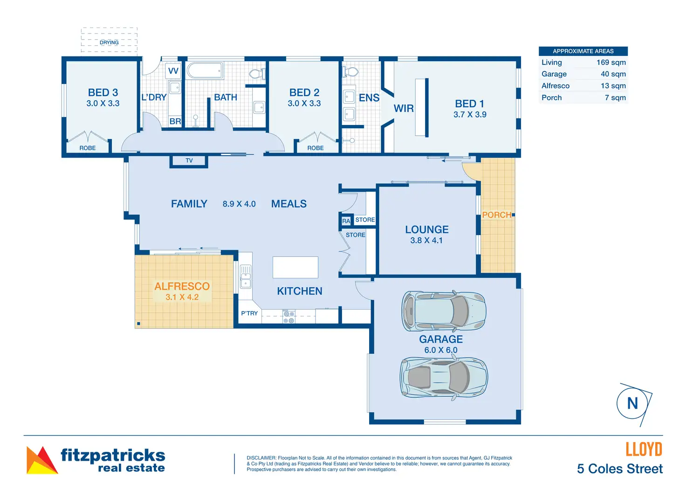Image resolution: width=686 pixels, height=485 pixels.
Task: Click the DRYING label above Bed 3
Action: tap(109, 42)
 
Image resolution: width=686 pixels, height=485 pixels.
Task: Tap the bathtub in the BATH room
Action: tap(205, 71)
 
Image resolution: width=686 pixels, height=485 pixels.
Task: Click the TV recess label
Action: tap(189, 160)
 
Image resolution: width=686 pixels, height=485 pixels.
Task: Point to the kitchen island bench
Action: tap(295, 267)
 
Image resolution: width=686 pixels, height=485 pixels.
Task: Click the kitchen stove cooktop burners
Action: tap(289, 317)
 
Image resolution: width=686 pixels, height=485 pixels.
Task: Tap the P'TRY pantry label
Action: tap(249, 313)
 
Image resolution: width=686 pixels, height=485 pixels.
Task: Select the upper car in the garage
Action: tap(444, 311)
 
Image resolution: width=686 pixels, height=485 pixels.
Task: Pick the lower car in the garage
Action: tap(444, 378)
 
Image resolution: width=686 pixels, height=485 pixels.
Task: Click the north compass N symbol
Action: tap(633, 403)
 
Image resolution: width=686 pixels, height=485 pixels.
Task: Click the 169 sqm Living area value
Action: tap(611, 62)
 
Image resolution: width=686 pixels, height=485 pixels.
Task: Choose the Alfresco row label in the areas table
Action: tap(555, 86)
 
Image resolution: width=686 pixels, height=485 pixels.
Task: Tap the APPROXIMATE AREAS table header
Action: tap(583, 51)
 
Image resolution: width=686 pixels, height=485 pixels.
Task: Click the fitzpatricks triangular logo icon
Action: tap(41, 460)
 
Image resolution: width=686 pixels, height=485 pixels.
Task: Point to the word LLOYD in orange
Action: tap(644, 450)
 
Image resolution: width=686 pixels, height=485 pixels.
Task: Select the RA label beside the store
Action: tap(346, 221)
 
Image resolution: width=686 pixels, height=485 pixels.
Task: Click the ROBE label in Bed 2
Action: tap(316, 148)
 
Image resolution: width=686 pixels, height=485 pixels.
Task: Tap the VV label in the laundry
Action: tap(173, 71)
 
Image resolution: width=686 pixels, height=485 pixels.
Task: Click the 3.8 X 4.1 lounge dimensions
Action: tap(426, 241)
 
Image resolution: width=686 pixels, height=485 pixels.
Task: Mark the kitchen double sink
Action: tap(245, 277)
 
